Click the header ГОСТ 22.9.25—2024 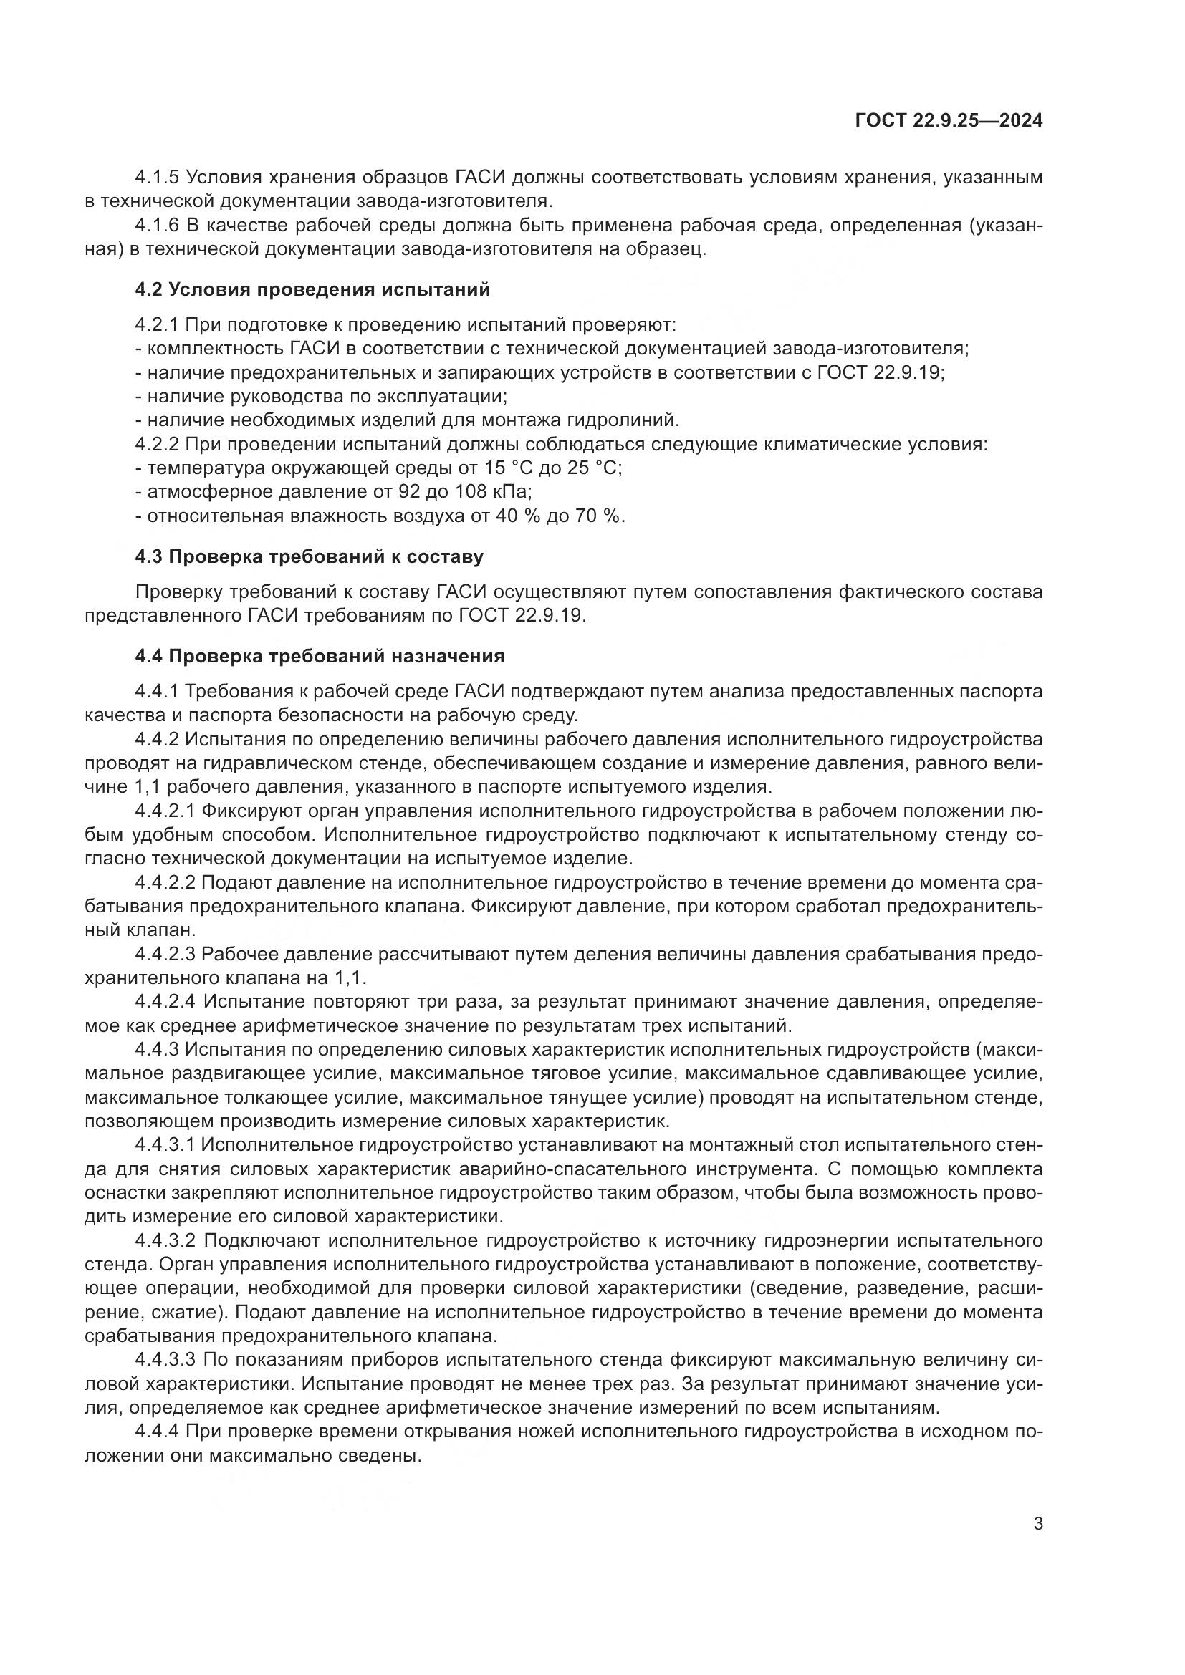[948, 121]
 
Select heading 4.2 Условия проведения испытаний [312, 289]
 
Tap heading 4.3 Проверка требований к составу [310, 556]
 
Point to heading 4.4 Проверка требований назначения [320, 656]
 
